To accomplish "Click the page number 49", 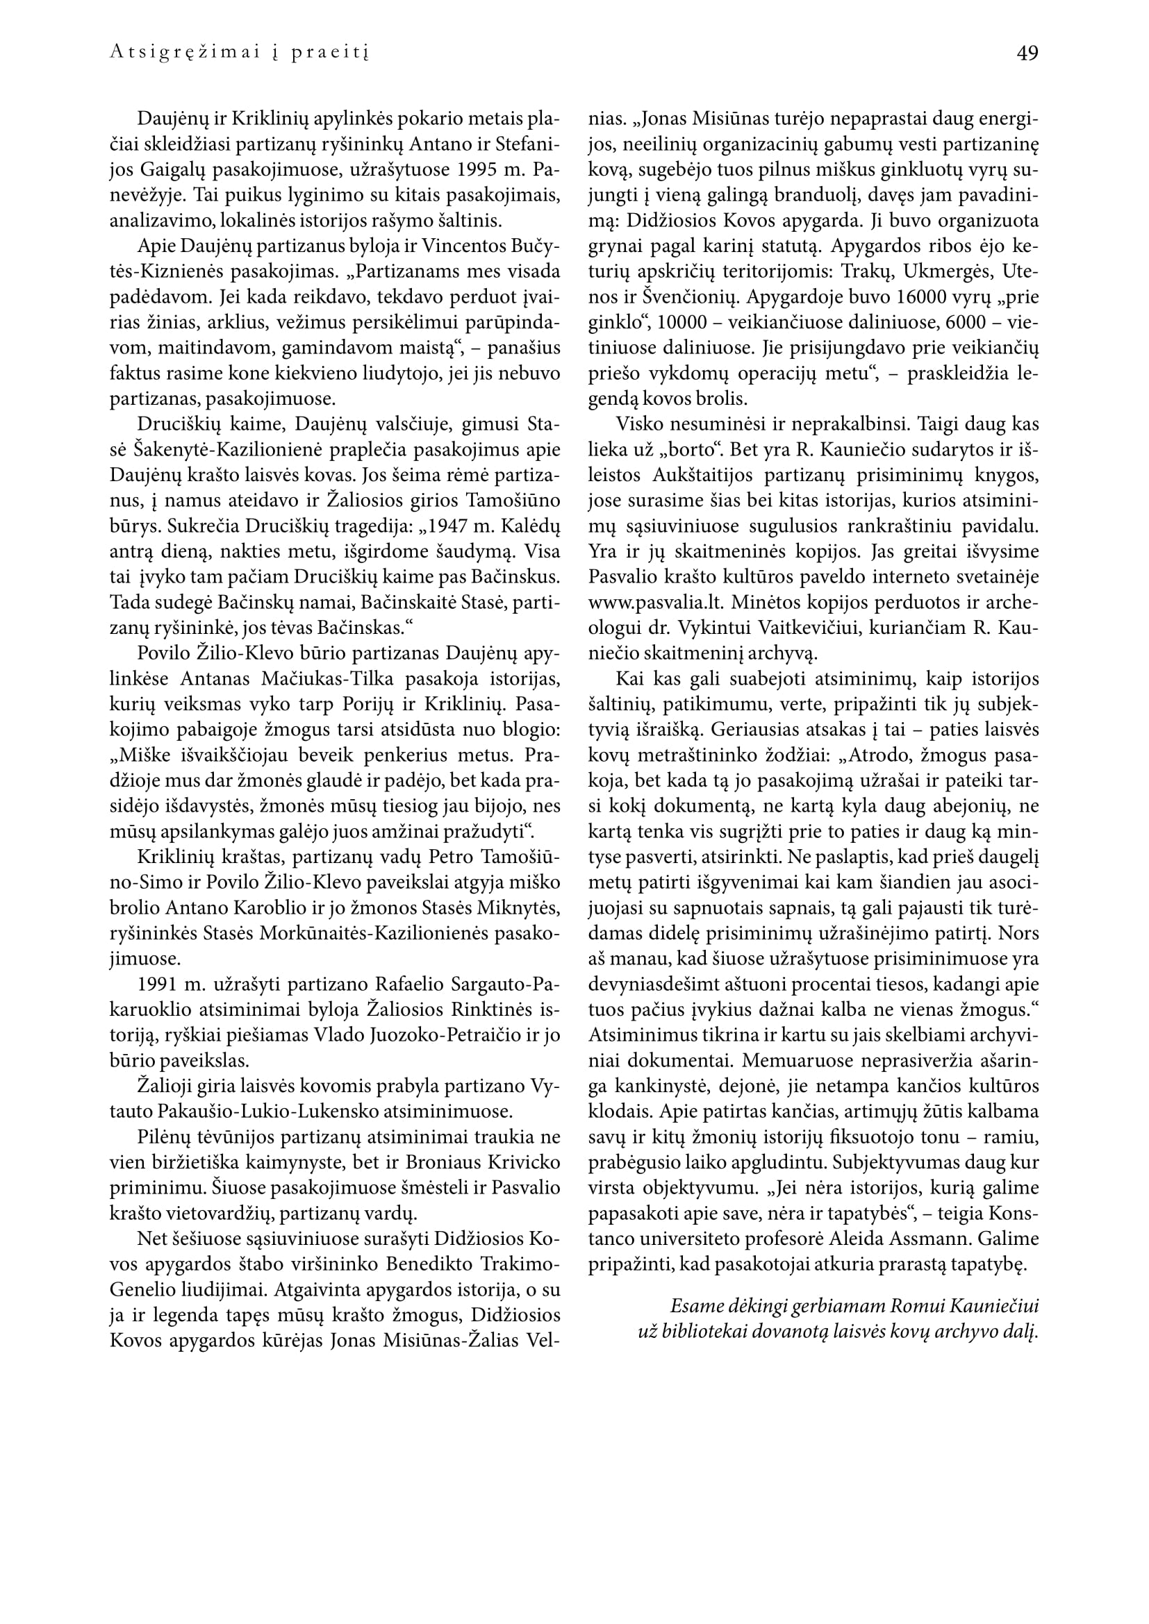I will (1027, 53).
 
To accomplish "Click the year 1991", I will (159, 985).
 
